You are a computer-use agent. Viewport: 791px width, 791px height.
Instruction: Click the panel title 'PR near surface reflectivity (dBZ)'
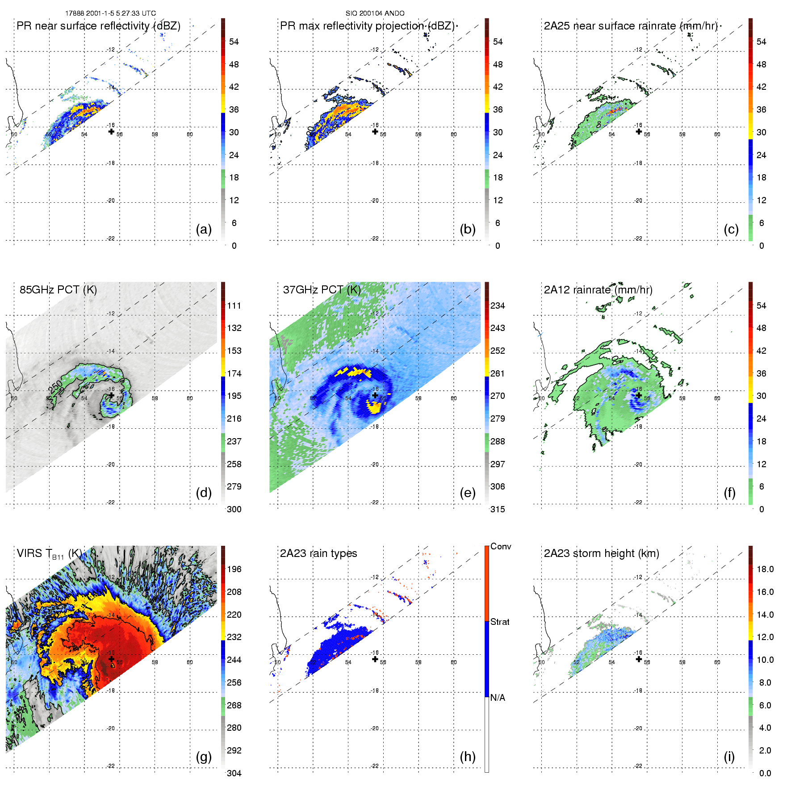(98, 26)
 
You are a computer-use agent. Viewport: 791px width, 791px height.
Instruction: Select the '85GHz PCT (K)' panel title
(58, 290)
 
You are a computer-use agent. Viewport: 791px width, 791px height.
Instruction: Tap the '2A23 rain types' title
(318, 553)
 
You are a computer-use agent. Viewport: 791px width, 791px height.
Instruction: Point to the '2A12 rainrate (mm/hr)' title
(598, 290)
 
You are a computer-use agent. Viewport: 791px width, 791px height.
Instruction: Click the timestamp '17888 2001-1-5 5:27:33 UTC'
(111, 13)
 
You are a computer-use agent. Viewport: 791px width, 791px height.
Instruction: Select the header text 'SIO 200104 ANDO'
(375, 13)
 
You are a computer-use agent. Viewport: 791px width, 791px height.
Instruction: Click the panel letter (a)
(204, 230)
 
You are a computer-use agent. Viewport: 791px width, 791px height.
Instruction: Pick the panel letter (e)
(468, 493)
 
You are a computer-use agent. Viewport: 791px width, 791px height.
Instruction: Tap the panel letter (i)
(729, 757)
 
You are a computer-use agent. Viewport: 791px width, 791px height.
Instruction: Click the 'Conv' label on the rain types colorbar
(501, 547)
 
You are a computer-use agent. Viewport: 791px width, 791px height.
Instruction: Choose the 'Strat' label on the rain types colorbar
(500, 622)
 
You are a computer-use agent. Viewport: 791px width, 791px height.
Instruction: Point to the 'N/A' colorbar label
(498, 698)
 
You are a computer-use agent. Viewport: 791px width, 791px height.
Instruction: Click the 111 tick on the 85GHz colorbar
(234, 306)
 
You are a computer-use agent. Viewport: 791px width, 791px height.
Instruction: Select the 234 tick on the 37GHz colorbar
(498, 306)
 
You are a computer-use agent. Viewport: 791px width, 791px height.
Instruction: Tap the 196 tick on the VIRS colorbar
(234, 569)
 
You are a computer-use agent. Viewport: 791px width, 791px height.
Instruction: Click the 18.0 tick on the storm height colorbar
(765, 569)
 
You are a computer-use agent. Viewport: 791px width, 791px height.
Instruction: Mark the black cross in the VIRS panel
(111, 659)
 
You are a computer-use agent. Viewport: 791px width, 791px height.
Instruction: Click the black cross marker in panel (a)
(111, 131)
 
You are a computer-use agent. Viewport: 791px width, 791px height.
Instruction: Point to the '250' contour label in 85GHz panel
(56, 387)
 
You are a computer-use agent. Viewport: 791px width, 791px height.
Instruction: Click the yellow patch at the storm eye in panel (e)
(375, 406)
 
